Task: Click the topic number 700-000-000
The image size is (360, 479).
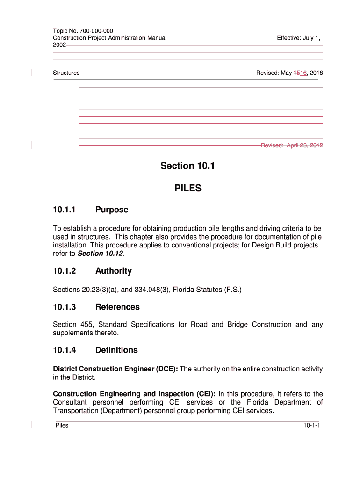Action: pyautogui.click(x=96, y=31)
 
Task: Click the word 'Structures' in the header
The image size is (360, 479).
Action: pyautogui.click(x=66, y=73)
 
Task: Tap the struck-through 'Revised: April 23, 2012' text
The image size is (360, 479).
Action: pyautogui.click(x=292, y=145)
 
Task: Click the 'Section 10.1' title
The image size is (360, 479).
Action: pyautogui.click(x=187, y=166)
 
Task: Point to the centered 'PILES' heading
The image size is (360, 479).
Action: pyautogui.click(x=187, y=188)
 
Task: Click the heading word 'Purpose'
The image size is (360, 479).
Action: pyautogui.click(x=111, y=210)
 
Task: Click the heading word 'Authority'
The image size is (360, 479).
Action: pyautogui.click(x=113, y=271)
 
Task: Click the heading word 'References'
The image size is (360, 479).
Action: pyautogui.click(x=117, y=307)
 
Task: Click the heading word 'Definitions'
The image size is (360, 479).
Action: pyautogui.click(x=116, y=350)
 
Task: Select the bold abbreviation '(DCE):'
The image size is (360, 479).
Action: pyautogui.click(x=166, y=369)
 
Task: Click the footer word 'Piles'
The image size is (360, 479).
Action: pyautogui.click(x=62, y=425)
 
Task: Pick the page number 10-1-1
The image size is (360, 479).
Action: pyautogui.click(x=311, y=425)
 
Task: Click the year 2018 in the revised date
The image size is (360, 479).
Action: pyautogui.click(x=316, y=73)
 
